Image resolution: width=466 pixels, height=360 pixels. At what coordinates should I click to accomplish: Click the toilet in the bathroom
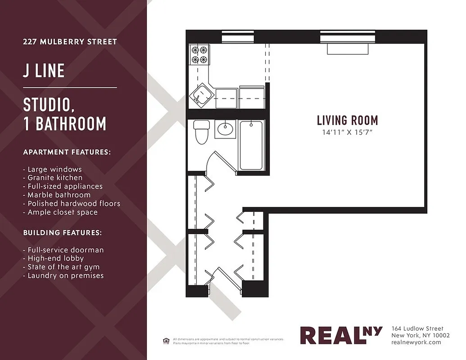201,132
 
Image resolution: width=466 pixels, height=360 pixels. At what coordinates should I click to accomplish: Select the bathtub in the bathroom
251,145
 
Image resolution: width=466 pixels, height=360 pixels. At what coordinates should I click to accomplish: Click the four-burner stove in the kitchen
199,54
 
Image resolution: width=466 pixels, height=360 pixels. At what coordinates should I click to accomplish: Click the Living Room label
347,120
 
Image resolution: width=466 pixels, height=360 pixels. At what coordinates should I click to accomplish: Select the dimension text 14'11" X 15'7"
347,132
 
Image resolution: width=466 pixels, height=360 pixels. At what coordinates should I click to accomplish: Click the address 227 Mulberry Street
70,42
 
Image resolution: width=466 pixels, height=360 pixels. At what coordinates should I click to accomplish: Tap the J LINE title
44,71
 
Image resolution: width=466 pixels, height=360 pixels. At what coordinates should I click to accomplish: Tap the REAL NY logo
341,335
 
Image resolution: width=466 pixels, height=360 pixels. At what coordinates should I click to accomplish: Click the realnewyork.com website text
416,342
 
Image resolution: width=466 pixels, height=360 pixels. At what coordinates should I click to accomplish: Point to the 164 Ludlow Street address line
417,328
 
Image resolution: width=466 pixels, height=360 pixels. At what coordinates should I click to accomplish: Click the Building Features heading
63,233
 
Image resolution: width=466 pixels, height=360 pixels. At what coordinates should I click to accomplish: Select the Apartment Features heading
67,152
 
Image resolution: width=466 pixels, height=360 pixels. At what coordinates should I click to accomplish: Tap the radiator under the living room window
348,49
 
